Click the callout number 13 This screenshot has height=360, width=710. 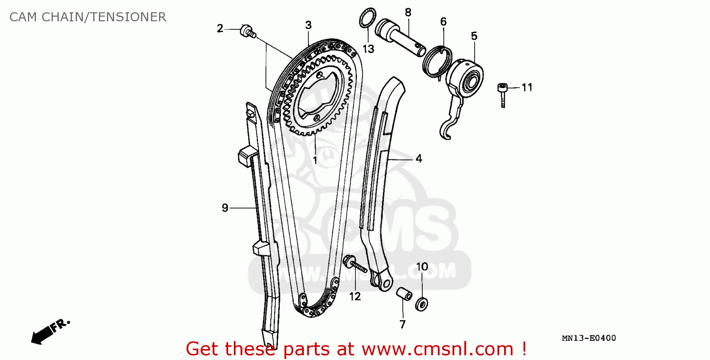[368, 48]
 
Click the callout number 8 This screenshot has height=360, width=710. [408, 12]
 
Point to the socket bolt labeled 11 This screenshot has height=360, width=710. [503, 94]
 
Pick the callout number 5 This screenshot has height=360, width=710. [474, 35]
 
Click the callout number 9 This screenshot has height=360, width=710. [225, 207]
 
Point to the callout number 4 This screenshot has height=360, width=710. [418, 159]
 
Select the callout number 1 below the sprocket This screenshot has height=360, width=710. [315, 160]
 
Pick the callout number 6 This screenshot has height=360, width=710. [443, 22]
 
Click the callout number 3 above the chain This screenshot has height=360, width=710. [308, 25]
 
